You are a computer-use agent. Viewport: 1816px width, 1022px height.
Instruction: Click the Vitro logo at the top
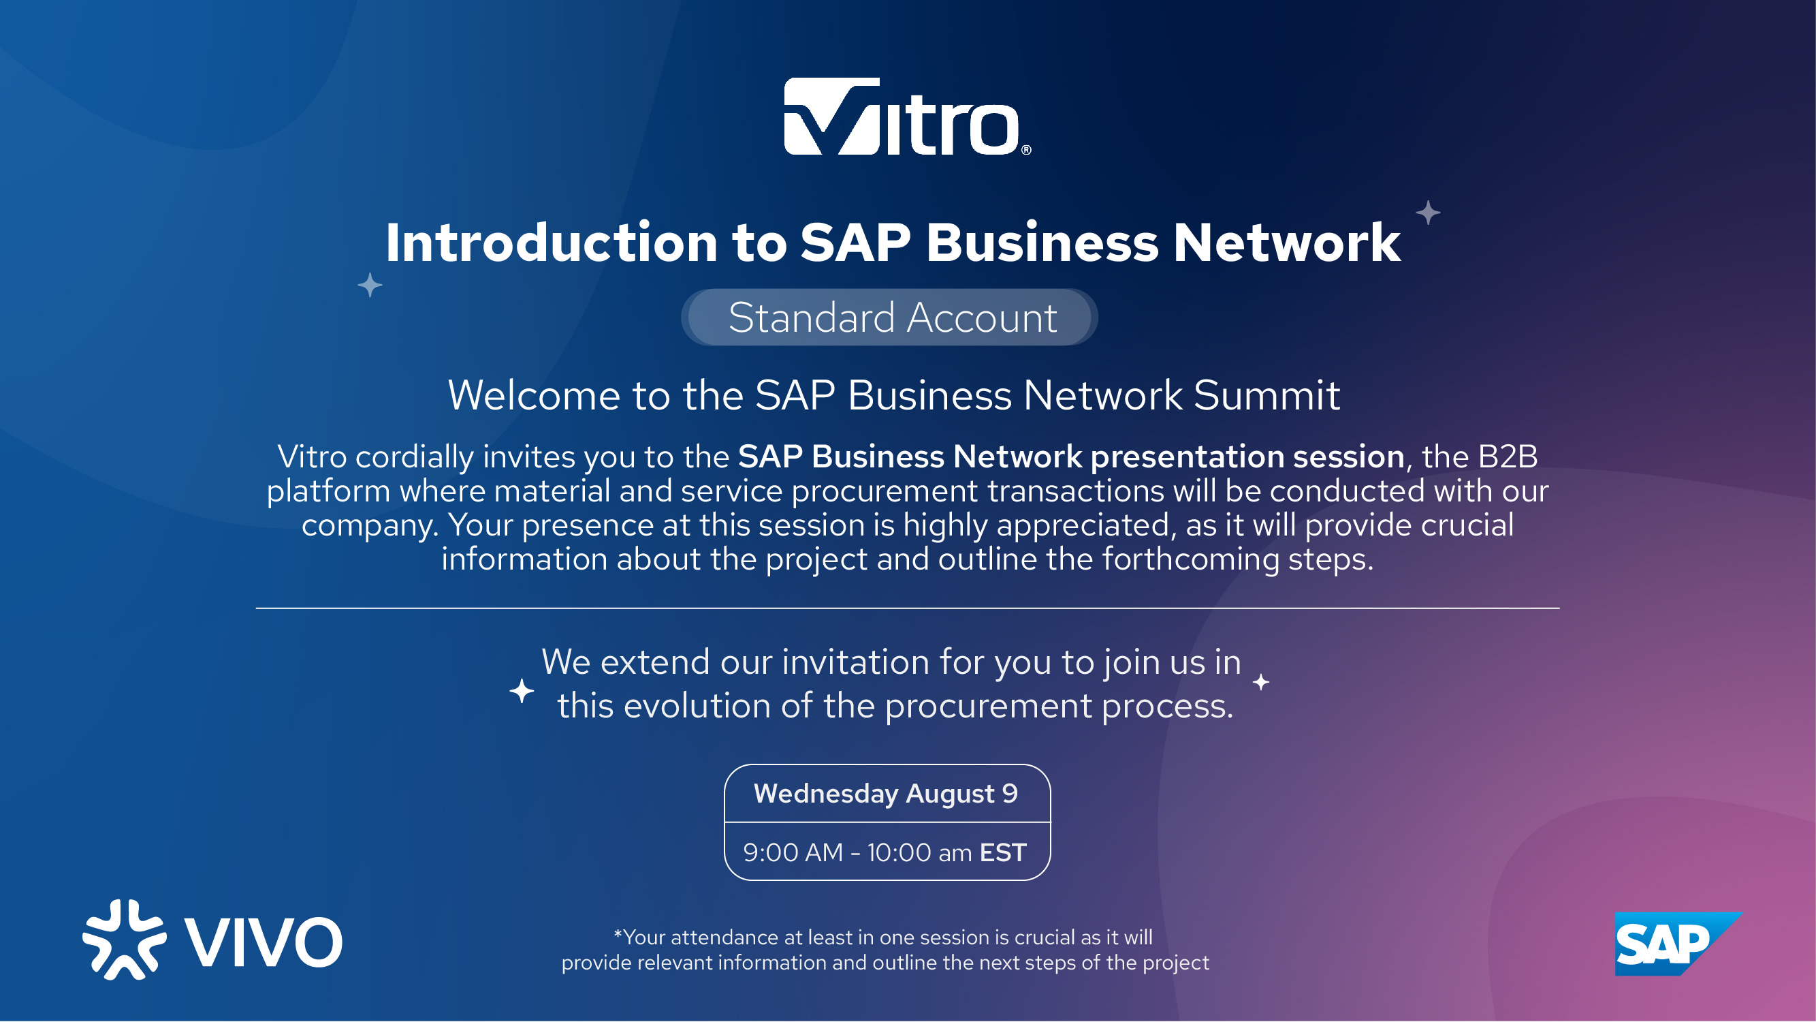pyautogui.click(x=907, y=117)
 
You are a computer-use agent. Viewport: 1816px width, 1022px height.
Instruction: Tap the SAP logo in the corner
pyautogui.click(x=1678, y=944)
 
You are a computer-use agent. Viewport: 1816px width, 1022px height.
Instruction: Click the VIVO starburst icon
pyautogui.click(x=124, y=940)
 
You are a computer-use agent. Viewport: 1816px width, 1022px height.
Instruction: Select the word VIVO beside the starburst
pyautogui.click(x=263, y=942)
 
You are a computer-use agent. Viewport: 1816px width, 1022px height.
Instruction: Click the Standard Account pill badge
pyautogui.click(x=889, y=318)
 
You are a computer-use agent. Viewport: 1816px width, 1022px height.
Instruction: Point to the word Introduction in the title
pyautogui.click(x=552, y=243)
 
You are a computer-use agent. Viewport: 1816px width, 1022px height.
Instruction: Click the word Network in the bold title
pyautogui.click(x=1286, y=243)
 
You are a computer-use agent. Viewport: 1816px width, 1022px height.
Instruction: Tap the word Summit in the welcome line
pyautogui.click(x=1266, y=395)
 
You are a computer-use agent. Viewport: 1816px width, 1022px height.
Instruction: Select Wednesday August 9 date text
pyautogui.click(x=886, y=794)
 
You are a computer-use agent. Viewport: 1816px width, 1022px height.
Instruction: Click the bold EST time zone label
pyautogui.click(x=1002, y=853)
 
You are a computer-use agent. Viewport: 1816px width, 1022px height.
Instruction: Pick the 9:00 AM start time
pyautogui.click(x=793, y=853)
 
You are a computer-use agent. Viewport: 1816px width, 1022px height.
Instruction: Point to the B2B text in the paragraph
pyautogui.click(x=1508, y=457)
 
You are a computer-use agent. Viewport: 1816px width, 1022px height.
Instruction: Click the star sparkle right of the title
pyautogui.click(x=1428, y=213)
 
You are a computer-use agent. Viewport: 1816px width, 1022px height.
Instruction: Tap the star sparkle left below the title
pyautogui.click(x=370, y=285)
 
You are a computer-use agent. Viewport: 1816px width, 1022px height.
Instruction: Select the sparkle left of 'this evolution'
pyautogui.click(x=522, y=691)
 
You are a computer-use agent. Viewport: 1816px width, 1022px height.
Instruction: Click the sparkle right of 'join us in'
pyautogui.click(x=1261, y=682)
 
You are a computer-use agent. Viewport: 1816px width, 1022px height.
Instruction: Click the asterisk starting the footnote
pyautogui.click(x=618, y=934)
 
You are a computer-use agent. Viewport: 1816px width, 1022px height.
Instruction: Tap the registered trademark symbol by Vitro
pyautogui.click(x=1026, y=149)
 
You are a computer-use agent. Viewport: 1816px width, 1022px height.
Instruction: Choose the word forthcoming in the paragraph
pyautogui.click(x=1191, y=559)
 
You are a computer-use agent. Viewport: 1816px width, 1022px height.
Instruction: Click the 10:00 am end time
pyautogui.click(x=919, y=853)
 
